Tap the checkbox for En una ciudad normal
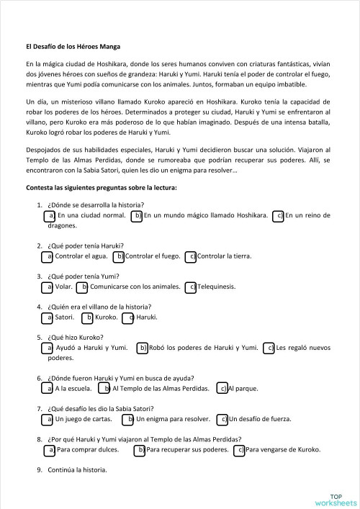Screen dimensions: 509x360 click(49, 215)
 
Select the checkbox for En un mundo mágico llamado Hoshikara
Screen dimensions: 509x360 click(137, 215)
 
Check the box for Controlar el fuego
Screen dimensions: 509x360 click(120, 256)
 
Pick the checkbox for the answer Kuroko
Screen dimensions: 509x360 click(88, 317)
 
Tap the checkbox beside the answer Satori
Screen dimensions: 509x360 click(49, 317)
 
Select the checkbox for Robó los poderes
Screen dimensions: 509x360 click(142, 348)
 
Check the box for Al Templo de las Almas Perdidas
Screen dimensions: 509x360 click(105, 389)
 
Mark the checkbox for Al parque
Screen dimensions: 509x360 click(222, 389)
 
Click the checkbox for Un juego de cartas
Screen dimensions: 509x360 click(49, 419)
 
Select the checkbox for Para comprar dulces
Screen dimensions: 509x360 click(49, 450)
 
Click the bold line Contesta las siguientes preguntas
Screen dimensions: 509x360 click(101, 187)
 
